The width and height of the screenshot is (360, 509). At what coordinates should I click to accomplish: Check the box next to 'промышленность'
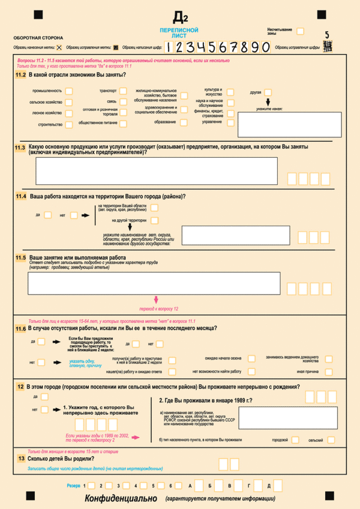click(x=69, y=91)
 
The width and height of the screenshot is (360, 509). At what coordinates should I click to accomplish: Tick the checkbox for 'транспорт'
click(x=123, y=91)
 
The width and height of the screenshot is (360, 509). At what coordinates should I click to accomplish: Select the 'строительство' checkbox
click(x=69, y=124)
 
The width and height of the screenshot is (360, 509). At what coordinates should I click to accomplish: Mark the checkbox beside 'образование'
click(x=182, y=122)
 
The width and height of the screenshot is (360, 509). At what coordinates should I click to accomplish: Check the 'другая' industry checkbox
click(x=268, y=92)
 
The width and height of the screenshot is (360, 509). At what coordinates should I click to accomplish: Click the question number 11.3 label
click(x=20, y=148)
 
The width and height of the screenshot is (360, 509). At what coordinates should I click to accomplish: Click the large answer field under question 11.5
click(x=154, y=283)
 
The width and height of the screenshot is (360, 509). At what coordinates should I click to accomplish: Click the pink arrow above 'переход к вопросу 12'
click(x=156, y=300)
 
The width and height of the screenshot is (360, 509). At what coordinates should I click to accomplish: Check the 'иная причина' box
click(x=329, y=372)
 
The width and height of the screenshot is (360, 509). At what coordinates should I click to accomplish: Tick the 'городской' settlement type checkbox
click(x=295, y=440)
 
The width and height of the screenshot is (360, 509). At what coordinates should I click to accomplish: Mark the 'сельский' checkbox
click(x=331, y=440)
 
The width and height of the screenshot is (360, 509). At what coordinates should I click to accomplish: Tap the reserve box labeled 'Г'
click(x=253, y=485)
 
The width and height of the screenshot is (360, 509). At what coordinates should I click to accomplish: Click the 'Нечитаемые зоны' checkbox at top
click(x=300, y=31)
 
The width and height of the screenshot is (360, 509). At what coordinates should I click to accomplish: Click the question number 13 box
click(x=21, y=459)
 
